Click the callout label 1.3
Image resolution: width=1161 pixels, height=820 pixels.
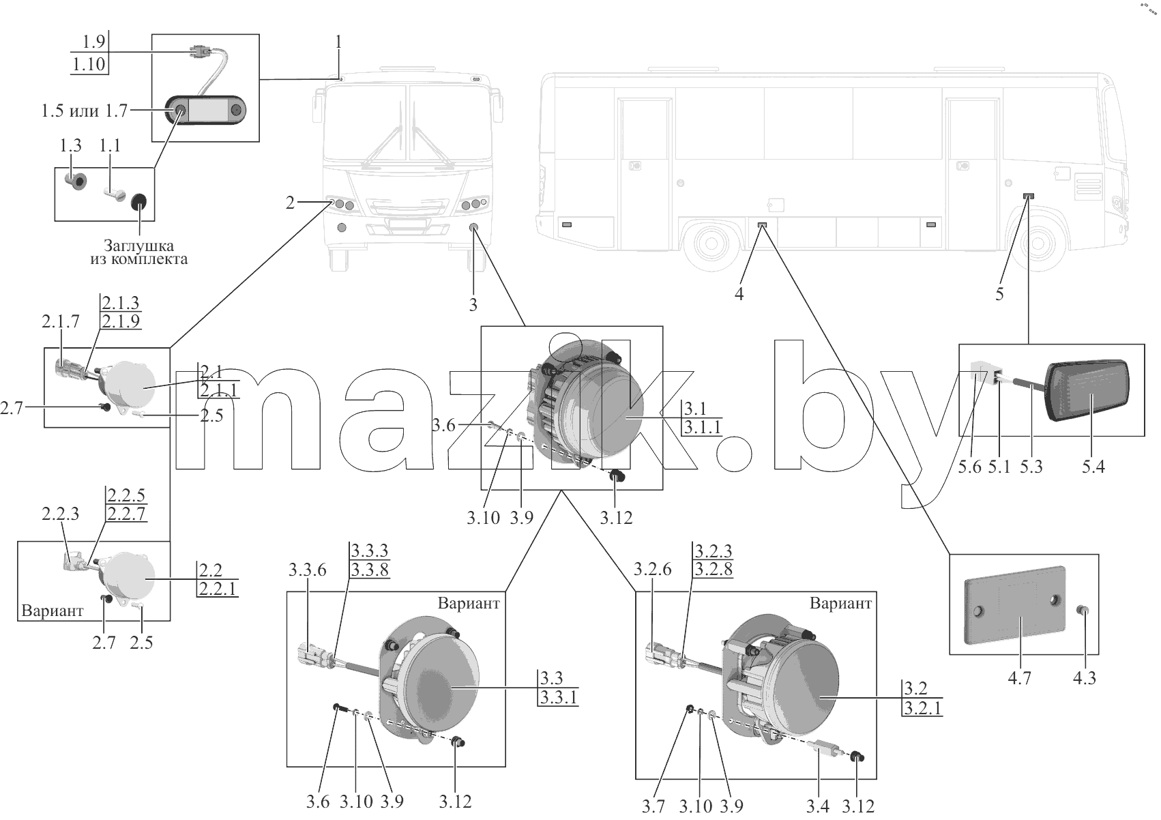click(70, 146)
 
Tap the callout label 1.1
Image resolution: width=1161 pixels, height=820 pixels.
click(110, 146)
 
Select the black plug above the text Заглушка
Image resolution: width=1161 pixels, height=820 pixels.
click(139, 203)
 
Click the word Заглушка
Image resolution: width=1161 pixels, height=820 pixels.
click(139, 245)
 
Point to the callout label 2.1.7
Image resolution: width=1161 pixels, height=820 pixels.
click(61, 322)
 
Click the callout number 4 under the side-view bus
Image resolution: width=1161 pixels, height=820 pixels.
click(739, 295)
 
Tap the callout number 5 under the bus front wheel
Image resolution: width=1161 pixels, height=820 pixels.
click(1000, 295)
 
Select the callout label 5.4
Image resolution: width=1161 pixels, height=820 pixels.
click(1093, 467)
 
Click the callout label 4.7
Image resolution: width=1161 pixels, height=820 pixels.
click(1019, 678)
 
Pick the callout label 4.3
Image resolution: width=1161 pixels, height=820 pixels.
click(1085, 678)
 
